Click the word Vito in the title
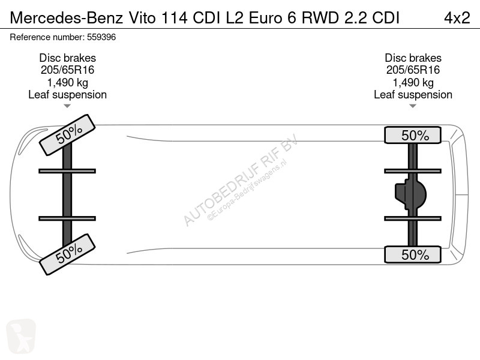(142, 18)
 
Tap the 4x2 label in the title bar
(457, 18)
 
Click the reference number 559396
(101, 37)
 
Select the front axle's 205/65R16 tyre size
(67, 70)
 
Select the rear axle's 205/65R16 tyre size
(413, 70)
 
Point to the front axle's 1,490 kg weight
(67, 83)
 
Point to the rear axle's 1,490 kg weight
(413, 83)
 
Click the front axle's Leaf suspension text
(67, 95)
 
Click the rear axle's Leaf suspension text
(413, 95)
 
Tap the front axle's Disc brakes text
(67, 58)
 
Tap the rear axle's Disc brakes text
(413, 58)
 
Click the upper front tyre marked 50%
(67, 135)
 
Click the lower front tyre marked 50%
(67, 254)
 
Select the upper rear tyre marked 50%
(413, 135)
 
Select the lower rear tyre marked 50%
(413, 254)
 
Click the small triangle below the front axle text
(67, 106)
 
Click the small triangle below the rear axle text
(413, 106)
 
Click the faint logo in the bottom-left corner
(21, 336)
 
